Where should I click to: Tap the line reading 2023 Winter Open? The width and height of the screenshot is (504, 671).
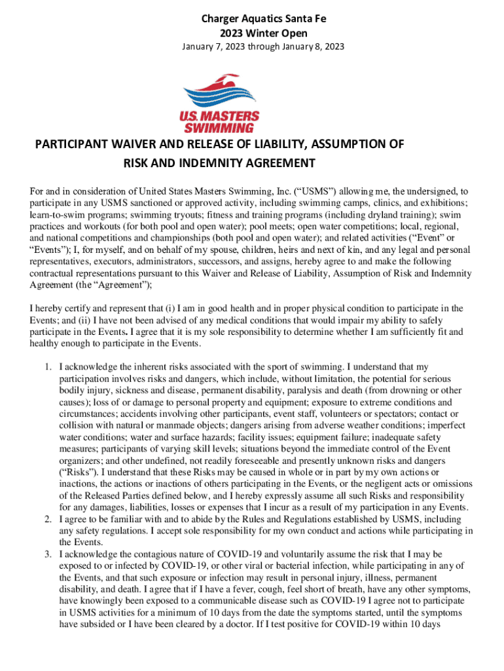click(251, 33)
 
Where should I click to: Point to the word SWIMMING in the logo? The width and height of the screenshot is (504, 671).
click(219, 127)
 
